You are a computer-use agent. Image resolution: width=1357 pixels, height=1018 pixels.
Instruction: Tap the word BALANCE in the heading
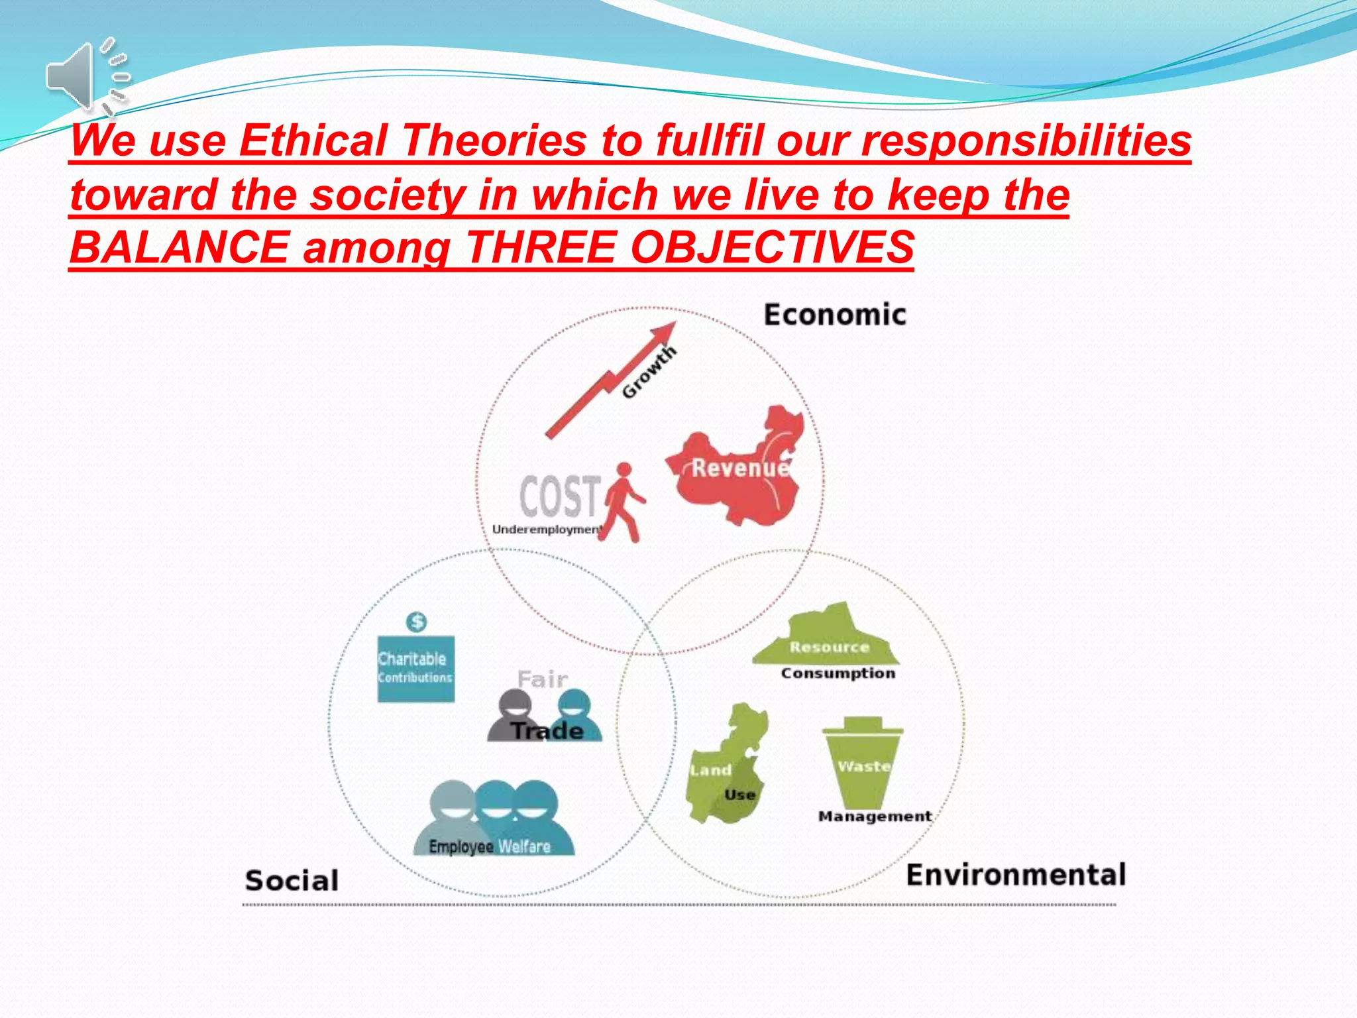(179, 247)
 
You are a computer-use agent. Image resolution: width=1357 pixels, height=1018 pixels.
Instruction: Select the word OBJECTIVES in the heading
(771, 247)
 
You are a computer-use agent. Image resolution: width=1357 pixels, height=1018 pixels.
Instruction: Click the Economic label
(834, 315)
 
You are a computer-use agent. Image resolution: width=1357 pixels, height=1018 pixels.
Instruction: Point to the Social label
(292, 881)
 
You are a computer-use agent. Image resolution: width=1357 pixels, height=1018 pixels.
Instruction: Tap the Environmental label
(1015, 875)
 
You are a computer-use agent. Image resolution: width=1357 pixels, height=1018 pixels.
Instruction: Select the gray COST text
(560, 496)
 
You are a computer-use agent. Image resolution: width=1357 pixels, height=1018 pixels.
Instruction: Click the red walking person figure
(623, 504)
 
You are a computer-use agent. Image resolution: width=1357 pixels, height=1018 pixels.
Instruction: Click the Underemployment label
(546, 530)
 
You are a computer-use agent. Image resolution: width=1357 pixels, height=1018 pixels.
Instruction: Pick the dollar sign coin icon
(416, 622)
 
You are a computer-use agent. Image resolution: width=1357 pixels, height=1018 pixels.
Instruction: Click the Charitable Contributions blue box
(416, 669)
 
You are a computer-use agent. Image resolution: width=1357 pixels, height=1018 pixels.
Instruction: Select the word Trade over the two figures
(547, 731)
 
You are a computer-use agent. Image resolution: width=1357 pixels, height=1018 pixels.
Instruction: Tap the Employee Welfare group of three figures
(494, 819)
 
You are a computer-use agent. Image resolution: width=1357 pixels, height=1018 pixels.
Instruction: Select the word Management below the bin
(875, 817)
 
